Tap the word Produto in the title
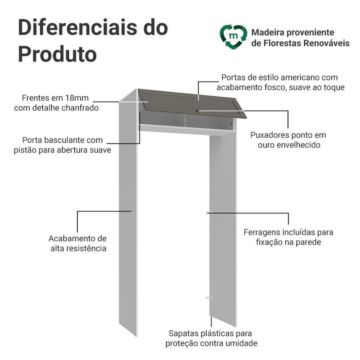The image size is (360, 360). point(57,54)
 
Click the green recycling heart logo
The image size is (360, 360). point(233,37)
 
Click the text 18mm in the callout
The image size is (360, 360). point(77,98)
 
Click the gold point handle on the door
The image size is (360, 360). point(198,111)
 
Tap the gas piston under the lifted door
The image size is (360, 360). point(232,121)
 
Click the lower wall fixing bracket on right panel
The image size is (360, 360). point(208,298)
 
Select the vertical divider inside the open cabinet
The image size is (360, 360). point(184,121)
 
